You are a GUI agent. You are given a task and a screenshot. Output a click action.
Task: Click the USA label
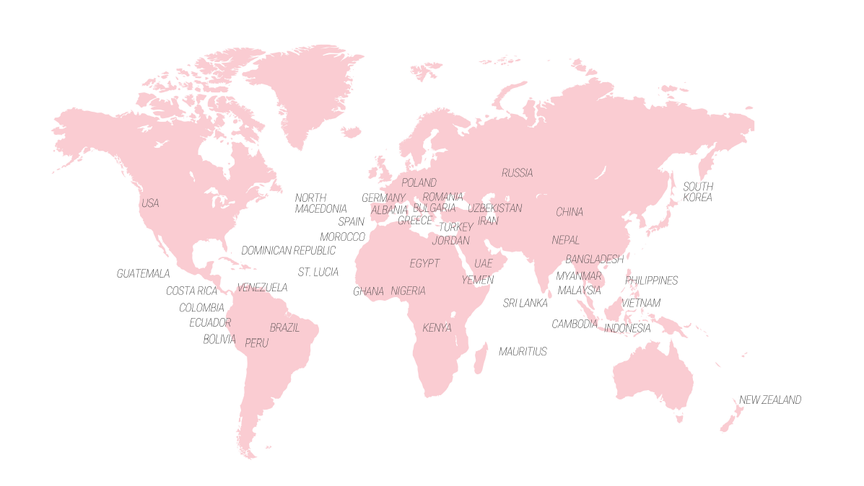pos(150,203)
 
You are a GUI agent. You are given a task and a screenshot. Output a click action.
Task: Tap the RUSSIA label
pos(517,173)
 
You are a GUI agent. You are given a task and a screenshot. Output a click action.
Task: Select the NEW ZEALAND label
pos(769,400)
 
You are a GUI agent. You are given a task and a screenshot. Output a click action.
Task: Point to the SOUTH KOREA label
pos(697,192)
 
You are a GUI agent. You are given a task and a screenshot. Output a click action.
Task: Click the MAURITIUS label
pos(523,352)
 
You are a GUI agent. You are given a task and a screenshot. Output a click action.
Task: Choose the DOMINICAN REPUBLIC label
pos(288,251)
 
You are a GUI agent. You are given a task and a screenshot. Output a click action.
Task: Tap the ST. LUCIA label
pos(318,273)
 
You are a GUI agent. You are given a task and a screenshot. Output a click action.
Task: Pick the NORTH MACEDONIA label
pos(320,203)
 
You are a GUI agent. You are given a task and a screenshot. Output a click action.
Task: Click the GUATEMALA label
pos(143,274)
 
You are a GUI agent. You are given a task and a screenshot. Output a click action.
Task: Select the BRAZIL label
pos(284,328)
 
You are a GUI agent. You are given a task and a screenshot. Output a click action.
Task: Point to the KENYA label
pos(437,328)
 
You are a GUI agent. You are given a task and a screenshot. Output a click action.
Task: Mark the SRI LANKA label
pos(525,304)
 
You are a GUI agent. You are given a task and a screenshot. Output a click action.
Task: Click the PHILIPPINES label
pos(651,280)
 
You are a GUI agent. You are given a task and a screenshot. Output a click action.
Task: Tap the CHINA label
pos(569,213)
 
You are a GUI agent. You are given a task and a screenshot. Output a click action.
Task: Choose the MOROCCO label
pos(342,237)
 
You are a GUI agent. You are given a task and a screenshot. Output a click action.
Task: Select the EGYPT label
pos(424,264)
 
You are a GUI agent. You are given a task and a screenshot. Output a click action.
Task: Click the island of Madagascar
pos(480,358)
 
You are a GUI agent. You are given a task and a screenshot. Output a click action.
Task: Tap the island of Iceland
pos(351,132)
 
